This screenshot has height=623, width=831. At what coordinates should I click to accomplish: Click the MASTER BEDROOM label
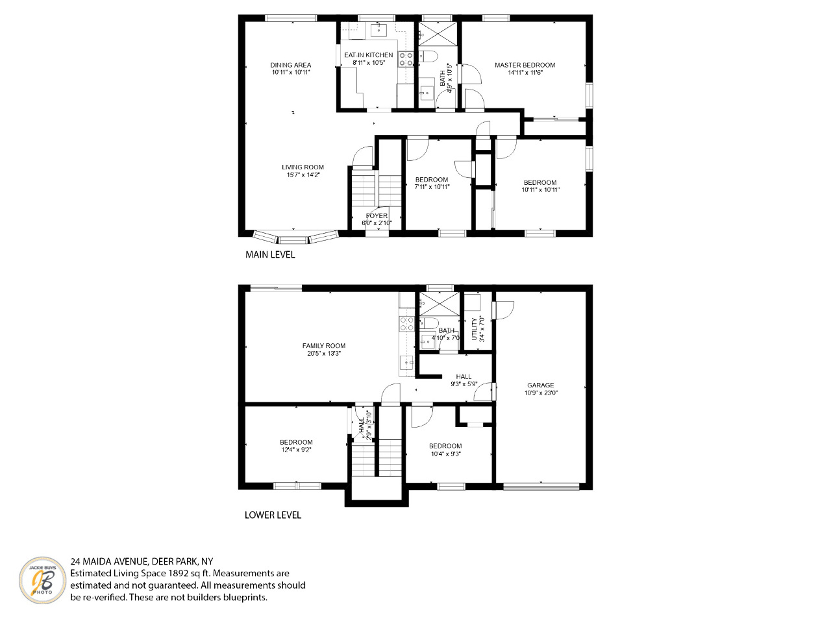click(x=525, y=65)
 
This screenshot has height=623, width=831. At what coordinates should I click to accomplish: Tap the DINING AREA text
click(x=290, y=65)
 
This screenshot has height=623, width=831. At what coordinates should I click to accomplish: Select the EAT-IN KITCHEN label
click(x=368, y=55)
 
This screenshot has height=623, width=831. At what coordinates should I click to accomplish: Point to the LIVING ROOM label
click(x=303, y=167)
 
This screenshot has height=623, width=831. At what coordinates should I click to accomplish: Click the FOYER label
click(x=377, y=216)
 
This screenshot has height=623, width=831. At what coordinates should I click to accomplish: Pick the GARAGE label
click(x=541, y=385)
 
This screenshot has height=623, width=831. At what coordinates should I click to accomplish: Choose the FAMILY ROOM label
click(x=324, y=346)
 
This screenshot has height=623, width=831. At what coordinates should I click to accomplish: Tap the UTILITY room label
click(x=475, y=329)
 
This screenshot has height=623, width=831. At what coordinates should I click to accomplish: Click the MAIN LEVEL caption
click(x=270, y=254)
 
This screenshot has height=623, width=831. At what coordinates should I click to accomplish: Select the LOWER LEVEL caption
click(x=273, y=515)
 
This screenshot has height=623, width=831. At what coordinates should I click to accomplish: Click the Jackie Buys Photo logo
click(x=42, y=580)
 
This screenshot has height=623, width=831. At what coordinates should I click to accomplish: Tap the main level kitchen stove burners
click(x=406, y=60)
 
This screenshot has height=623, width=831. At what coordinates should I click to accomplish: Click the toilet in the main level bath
click(x=428, y=56)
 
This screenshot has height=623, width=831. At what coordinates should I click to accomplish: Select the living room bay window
click(x=295, y=237)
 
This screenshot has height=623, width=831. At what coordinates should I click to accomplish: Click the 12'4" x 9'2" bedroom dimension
click(x=296, y=450)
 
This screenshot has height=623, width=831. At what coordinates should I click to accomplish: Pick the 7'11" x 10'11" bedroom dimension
click(x=432, y=186)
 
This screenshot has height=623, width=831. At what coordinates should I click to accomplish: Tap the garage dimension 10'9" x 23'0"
click(x=541, y=393)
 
